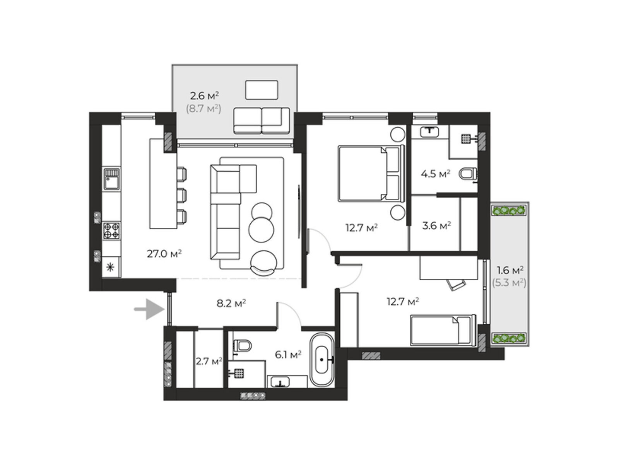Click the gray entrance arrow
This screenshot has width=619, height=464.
click(149, 309)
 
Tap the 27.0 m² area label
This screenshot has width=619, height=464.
click(164, 254)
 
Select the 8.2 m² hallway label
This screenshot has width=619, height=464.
click(231, 303)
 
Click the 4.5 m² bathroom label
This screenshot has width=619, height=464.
click(435, 174)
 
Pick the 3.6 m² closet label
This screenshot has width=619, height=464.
click(436, 225)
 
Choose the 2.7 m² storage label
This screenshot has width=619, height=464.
click(209, 361)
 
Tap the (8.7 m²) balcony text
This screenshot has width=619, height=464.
click(203, 109)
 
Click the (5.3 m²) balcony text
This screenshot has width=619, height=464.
click(509, 282)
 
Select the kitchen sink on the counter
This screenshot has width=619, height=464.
click(112, 179)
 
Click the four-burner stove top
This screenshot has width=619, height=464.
click(111, 230)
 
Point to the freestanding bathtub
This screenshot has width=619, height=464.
click(322, 360)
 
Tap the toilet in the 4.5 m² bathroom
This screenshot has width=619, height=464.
click(468, 174)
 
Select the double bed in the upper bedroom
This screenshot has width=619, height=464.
click(371, 173)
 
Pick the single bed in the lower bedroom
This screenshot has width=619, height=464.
click(443, 330)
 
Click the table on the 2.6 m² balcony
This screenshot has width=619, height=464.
click(262, 90)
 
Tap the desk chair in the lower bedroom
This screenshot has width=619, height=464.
click(456, 285)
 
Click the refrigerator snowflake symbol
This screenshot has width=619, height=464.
click(110, 267)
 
